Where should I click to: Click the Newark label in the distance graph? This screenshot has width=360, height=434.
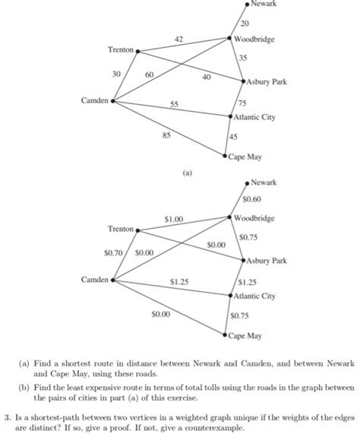[264, 5]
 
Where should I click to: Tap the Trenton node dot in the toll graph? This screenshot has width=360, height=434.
[137, 229]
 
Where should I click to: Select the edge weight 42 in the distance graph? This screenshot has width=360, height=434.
[178, 39]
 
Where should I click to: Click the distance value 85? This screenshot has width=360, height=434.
[166, 135]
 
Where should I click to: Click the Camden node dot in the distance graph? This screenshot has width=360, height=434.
[112, 100]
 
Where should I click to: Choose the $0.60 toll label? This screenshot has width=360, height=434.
[252, 200]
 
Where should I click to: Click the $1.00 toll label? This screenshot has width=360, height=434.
[174, 219]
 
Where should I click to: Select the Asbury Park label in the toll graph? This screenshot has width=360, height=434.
[266, 261]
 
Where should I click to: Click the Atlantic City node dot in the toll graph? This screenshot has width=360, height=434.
[231, 296]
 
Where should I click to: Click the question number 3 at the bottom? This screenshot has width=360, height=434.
[6, 417]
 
